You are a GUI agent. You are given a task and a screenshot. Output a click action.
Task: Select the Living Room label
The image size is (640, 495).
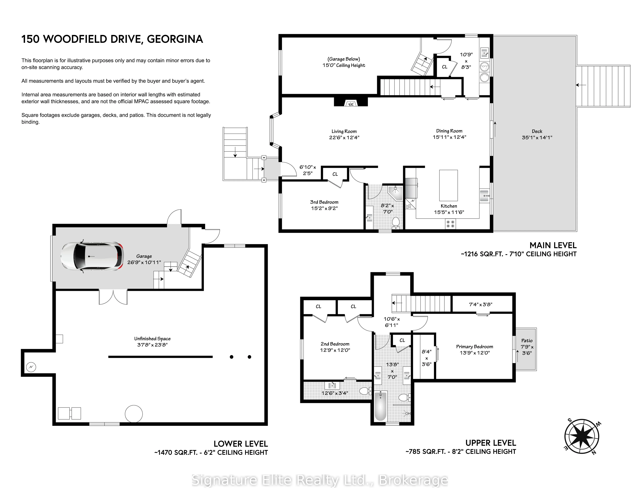tap(344, 131)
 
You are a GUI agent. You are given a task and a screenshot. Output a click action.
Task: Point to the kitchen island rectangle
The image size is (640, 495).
tap(448, 185)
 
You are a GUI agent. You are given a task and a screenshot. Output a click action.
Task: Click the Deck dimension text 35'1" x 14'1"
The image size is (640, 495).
tap(537, 137)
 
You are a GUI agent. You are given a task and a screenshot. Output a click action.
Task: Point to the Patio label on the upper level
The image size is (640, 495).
tap(527, 341)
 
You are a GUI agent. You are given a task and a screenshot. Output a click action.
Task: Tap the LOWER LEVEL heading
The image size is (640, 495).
tap(241, 444)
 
